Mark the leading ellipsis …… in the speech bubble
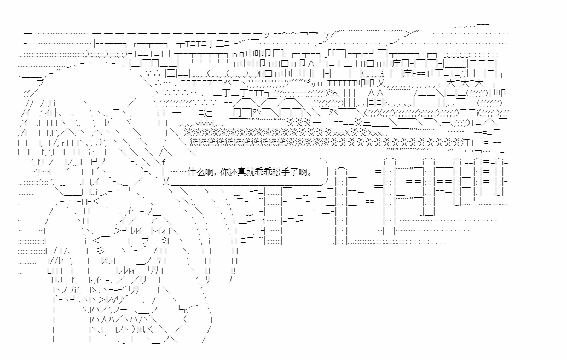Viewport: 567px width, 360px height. point(177,172)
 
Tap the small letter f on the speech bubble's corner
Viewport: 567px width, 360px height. point(163,161)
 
